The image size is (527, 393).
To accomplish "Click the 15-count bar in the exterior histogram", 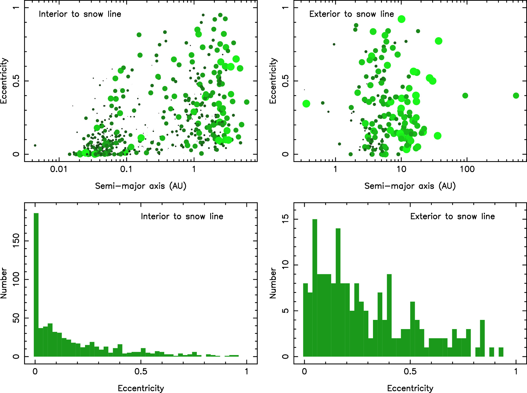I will (315, 288).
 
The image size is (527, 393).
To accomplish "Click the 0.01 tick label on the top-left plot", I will (59, 169).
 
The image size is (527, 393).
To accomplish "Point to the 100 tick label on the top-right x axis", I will (467, 169).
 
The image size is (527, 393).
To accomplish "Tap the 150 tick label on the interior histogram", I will (16, 241).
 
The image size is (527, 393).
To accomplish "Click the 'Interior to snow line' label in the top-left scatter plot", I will (80, 14).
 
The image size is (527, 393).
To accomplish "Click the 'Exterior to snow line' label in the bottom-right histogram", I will (452, 216).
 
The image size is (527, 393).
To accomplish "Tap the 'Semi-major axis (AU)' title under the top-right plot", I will (410, 186).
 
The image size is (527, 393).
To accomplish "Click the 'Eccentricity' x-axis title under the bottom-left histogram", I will (141, 388).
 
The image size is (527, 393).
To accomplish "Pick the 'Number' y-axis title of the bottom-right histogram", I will (273, 283).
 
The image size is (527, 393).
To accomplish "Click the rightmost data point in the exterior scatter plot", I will (516, 96).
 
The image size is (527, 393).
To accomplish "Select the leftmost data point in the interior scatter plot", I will (35, 145).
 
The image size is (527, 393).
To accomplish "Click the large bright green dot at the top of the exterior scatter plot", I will (401, 19).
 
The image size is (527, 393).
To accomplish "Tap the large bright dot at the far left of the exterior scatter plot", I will (306, 104).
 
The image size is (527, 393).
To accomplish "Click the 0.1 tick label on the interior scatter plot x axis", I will (126, 169).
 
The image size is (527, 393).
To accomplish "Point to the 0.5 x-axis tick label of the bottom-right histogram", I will (410, 372).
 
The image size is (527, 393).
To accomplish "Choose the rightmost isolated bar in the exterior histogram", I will (501, 352).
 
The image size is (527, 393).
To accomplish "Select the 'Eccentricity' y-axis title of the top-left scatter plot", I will (4, 81).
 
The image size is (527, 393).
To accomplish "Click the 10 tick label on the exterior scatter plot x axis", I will (401, 169).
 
